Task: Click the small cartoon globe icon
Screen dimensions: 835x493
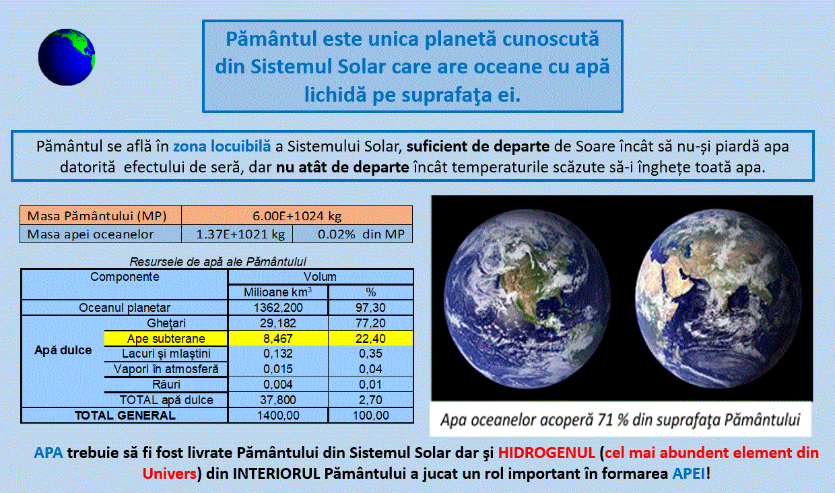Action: (x=67, y=57)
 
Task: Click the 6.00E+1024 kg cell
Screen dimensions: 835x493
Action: (x=297, y=216)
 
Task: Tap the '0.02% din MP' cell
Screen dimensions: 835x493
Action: (x=353, y=234)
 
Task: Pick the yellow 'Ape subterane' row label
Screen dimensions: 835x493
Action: (x=166, y=338)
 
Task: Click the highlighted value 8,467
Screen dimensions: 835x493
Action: (x=277, y=338)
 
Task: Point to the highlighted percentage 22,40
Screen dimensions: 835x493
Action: (x=370, y=338)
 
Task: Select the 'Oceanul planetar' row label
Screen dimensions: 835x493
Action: (x=125, y=308)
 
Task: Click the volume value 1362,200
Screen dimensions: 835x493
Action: (x=278, y=308)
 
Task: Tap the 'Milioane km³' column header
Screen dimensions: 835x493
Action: (x=277, y=292)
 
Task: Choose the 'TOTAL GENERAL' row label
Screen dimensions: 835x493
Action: (x=125, y=415)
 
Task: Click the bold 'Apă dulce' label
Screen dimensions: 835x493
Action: (x=63, y=350)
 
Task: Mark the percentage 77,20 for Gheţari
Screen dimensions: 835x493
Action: (x=370, y=323)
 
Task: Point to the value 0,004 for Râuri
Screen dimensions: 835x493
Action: (x=277, y=384)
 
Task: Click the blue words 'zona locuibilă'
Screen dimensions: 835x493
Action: (x=222, y=146)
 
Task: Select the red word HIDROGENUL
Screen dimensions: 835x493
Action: (x=547, y=453)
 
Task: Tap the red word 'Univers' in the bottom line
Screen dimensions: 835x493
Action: (x=170, y=473)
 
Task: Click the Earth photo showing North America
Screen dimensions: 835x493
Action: (x=527, y=298)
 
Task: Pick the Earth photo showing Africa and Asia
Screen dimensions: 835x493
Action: (x=719, y=298)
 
